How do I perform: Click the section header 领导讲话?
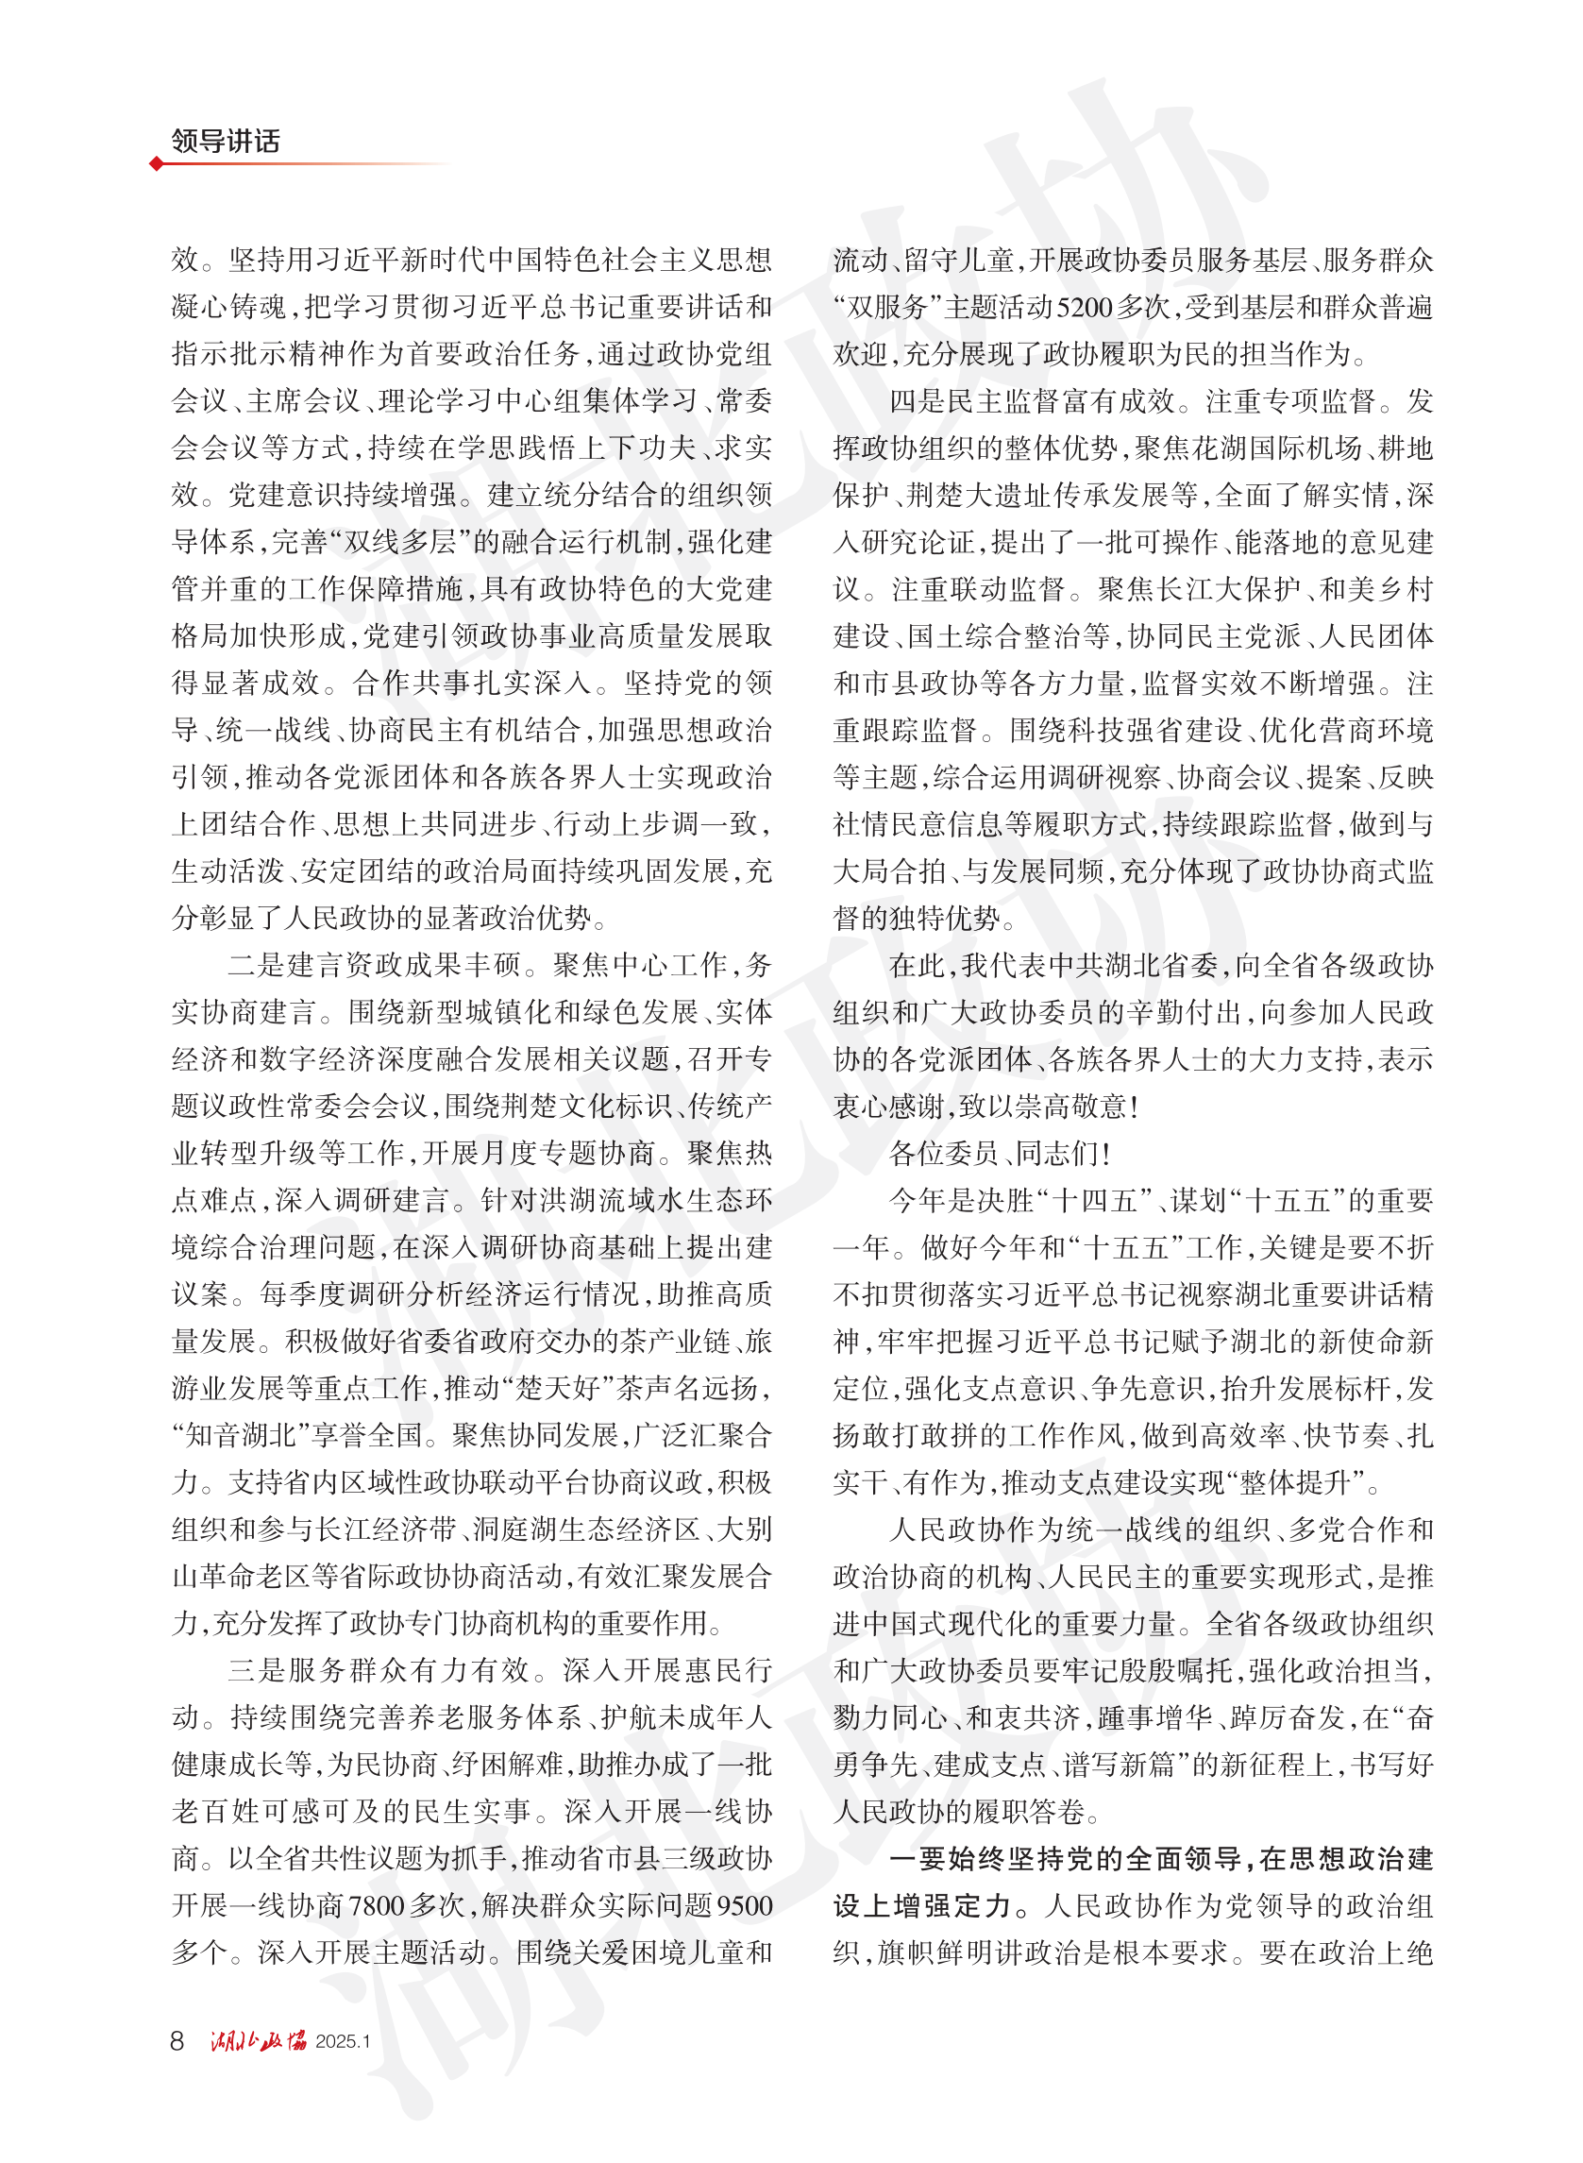point(226,141)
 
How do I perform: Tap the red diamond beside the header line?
point(156,164)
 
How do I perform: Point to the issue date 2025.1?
point(343,2042)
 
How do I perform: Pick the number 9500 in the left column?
point(743,1906)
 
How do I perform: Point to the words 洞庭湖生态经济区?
point(586,1529)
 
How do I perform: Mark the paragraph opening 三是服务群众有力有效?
point(379,1671)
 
